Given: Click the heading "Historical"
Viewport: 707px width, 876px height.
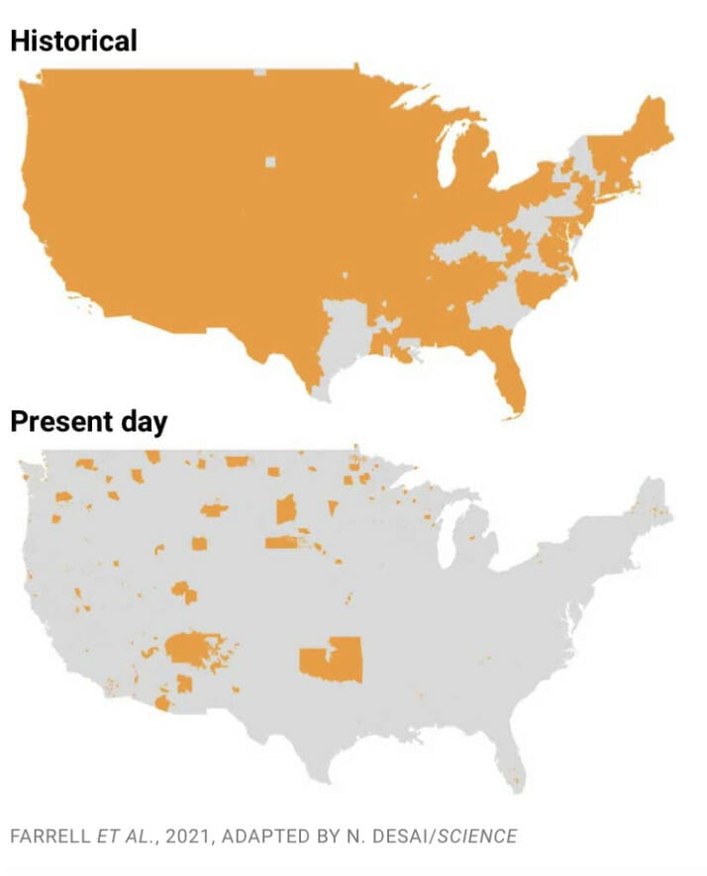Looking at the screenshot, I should [73, 41].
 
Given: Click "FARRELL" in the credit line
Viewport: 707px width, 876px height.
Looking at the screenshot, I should [49, 836].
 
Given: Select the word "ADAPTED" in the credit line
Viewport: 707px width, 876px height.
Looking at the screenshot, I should [263, 836].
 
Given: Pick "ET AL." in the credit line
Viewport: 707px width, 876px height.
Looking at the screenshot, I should [126, 836].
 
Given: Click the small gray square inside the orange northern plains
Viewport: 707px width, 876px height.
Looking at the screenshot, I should [270, 162].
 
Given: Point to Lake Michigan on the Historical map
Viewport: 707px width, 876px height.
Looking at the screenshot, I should [448, 158].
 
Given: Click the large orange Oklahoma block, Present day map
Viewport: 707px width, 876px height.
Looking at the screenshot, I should [333, 660].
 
